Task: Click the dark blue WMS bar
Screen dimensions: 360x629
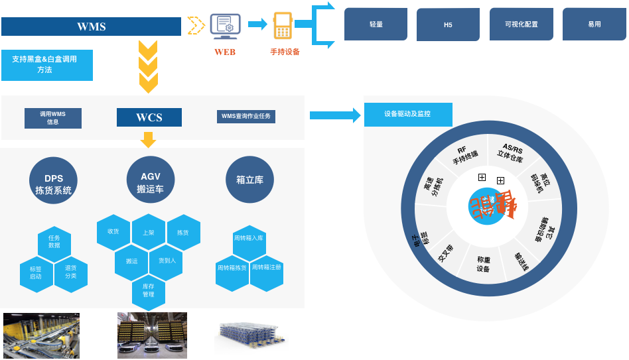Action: click(91, 27)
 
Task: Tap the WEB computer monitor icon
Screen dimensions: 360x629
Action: click(225, 26)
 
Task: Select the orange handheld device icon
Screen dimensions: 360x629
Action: click(283, 27)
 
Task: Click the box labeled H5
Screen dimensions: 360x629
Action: click(448, 25)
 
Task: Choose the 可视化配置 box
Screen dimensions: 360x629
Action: click(521, 25)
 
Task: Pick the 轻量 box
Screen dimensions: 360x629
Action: click(376, 25)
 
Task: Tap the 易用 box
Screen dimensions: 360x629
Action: click(594, 25)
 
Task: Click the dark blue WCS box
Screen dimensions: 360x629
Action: click(149, 117)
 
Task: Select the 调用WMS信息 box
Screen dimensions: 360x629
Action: click(53, 118)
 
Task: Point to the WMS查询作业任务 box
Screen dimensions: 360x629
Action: click(246, 117)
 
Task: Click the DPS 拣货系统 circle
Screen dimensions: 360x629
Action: click(53, 180)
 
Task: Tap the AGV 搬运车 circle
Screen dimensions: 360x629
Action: click(150, 180)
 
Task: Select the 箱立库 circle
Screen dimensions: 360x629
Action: click(249, 180)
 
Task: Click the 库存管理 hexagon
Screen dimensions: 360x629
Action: click(149, 290)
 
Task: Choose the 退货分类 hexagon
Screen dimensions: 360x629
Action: click(70, 272)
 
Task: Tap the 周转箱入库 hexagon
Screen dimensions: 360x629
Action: click(249, 239)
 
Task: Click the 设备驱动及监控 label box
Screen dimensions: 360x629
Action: click(407, 114)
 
